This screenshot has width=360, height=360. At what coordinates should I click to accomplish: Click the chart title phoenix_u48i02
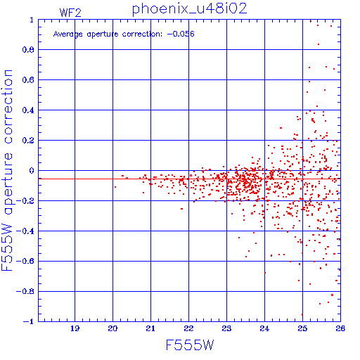tap(190, 9)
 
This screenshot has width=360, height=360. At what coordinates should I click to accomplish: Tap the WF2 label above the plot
tap(70, 13)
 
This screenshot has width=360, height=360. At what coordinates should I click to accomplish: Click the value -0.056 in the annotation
tap(181, 34)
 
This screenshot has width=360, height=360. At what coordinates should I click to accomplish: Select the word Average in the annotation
tap(68, 34)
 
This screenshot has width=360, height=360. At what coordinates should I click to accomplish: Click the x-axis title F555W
tap(190, 345)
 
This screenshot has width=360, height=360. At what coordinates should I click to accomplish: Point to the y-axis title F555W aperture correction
tap(7, 170)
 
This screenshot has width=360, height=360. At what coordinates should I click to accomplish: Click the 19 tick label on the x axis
tap(75, 328)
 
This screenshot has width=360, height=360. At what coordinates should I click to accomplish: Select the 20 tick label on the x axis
tap(112, 328)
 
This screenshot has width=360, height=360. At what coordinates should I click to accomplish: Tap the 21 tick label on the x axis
tap(150, 328)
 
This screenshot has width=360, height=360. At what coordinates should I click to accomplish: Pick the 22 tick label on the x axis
tap(188, 328)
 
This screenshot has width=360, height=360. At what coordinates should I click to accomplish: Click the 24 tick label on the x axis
tap(264, 328)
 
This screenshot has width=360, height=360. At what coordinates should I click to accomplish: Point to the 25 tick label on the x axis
tap(302, 328)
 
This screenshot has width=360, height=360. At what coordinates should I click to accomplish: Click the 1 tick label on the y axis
tap(32, 20)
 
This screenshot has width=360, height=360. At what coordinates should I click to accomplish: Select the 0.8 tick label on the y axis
tap(28, 50)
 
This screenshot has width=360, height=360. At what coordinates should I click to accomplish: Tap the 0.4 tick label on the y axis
tap(28, 110)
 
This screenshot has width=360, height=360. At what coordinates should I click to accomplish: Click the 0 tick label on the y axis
tap(32, 171)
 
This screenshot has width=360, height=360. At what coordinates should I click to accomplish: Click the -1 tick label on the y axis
tap(29, 321)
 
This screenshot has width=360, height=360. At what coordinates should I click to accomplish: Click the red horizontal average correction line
tap(189, 179)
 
